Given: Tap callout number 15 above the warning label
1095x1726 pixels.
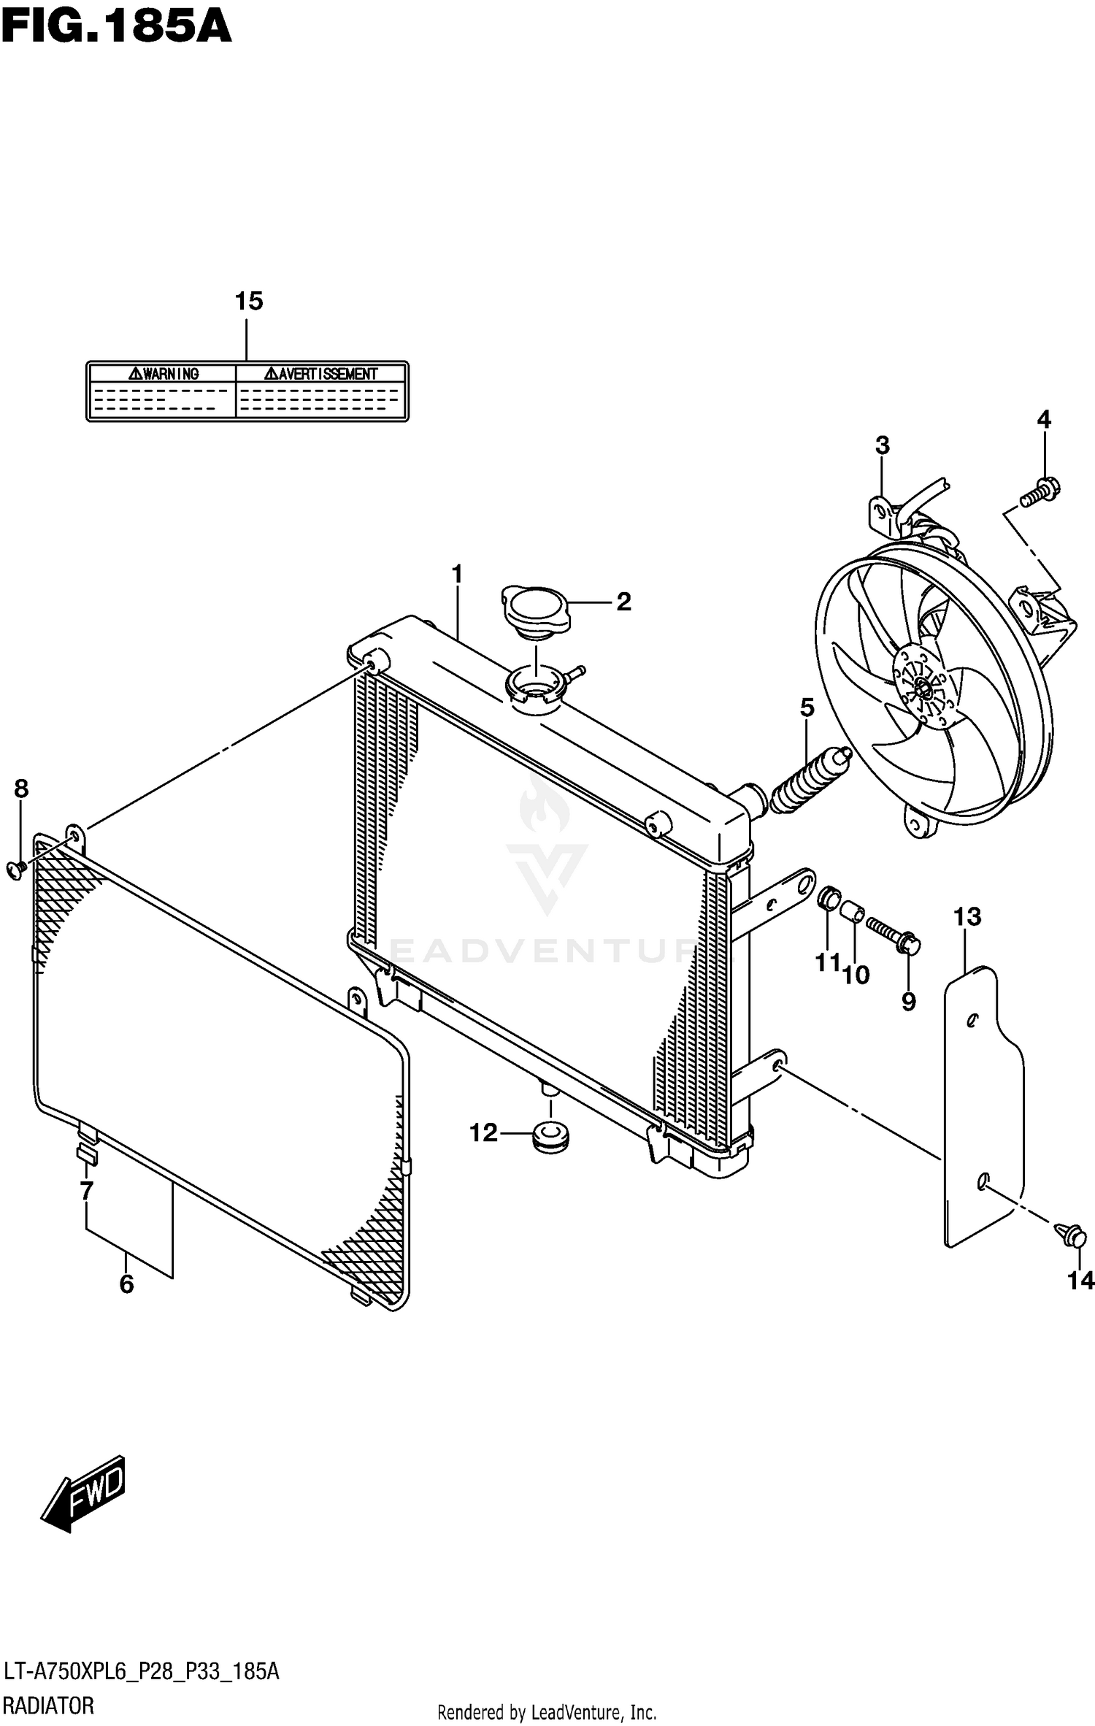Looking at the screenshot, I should [248, 301].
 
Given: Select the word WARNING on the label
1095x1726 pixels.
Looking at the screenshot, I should [164, 374].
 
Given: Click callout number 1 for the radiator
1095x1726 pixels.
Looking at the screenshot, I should [457, 575].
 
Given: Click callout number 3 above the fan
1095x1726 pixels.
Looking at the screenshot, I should [882, 445].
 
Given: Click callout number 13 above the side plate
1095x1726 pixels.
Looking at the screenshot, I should [968, 917].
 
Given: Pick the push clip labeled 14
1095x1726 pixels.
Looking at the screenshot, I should [1072, 1235].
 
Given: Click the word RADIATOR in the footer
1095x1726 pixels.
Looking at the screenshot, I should [48, 1706].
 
